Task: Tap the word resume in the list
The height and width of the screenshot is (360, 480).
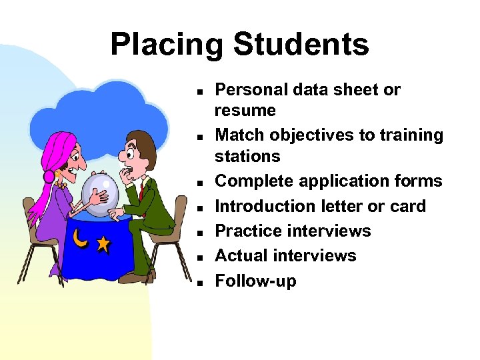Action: tap(245, 110)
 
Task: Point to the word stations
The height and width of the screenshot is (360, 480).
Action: tap(247, 156)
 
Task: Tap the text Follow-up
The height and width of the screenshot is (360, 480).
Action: tap(255, 281)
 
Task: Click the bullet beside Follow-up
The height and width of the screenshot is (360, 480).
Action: tap(199, 283)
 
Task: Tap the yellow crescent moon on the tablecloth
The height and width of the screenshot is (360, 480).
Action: tap(79, 238)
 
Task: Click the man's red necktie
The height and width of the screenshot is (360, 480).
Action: tap(141, 193)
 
